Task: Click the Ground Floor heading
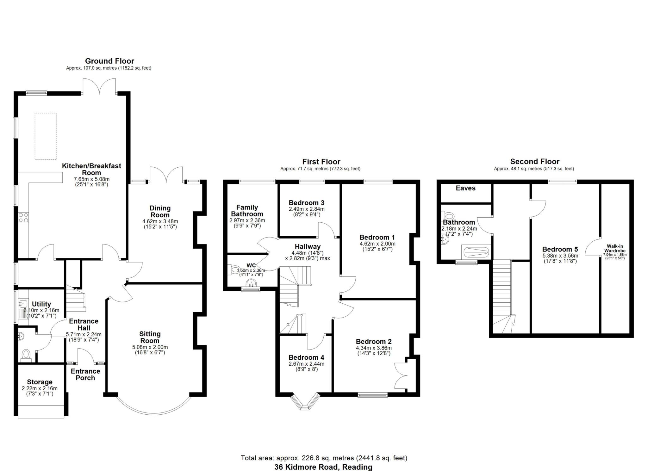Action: [x=109, y=61]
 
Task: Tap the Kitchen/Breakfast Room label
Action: [x=91, y=169]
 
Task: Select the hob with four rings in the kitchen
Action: [x=23, y=218]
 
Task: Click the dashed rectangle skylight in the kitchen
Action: [x=46, y=136]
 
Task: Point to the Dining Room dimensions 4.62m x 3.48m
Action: [x=160, y=221]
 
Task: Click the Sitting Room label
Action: [x=150, y=337]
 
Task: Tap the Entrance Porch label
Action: [x=85, y=375]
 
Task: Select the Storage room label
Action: [x=40, y=382]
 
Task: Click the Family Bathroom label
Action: [x=247, y=211]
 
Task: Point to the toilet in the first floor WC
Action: [x=234, y=270]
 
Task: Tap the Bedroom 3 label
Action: [x=306, y=203]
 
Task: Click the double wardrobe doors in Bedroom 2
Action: [x=400, y=376]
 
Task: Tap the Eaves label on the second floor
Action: [x=465, y=188]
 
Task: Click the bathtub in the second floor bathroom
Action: [x=476, y=252]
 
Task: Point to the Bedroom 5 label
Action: [x=560, y=249]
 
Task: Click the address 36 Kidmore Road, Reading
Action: [x=323, y=467]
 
